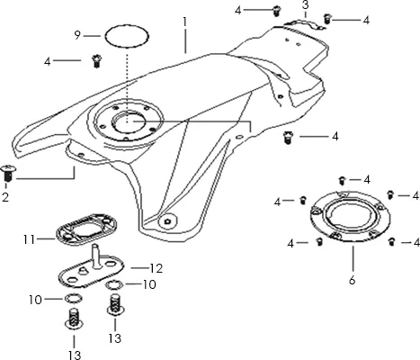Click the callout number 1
(x=185, y=22)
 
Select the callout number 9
(x=77, y=35)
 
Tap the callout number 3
(x=305, y=5)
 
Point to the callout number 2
(x=5, y=197)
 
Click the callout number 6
(x=352, y=280)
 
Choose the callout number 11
(x=29, y=239)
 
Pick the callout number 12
(x=156, y=268)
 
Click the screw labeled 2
(x=7, y=173)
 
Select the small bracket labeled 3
(x=304, y=23)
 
